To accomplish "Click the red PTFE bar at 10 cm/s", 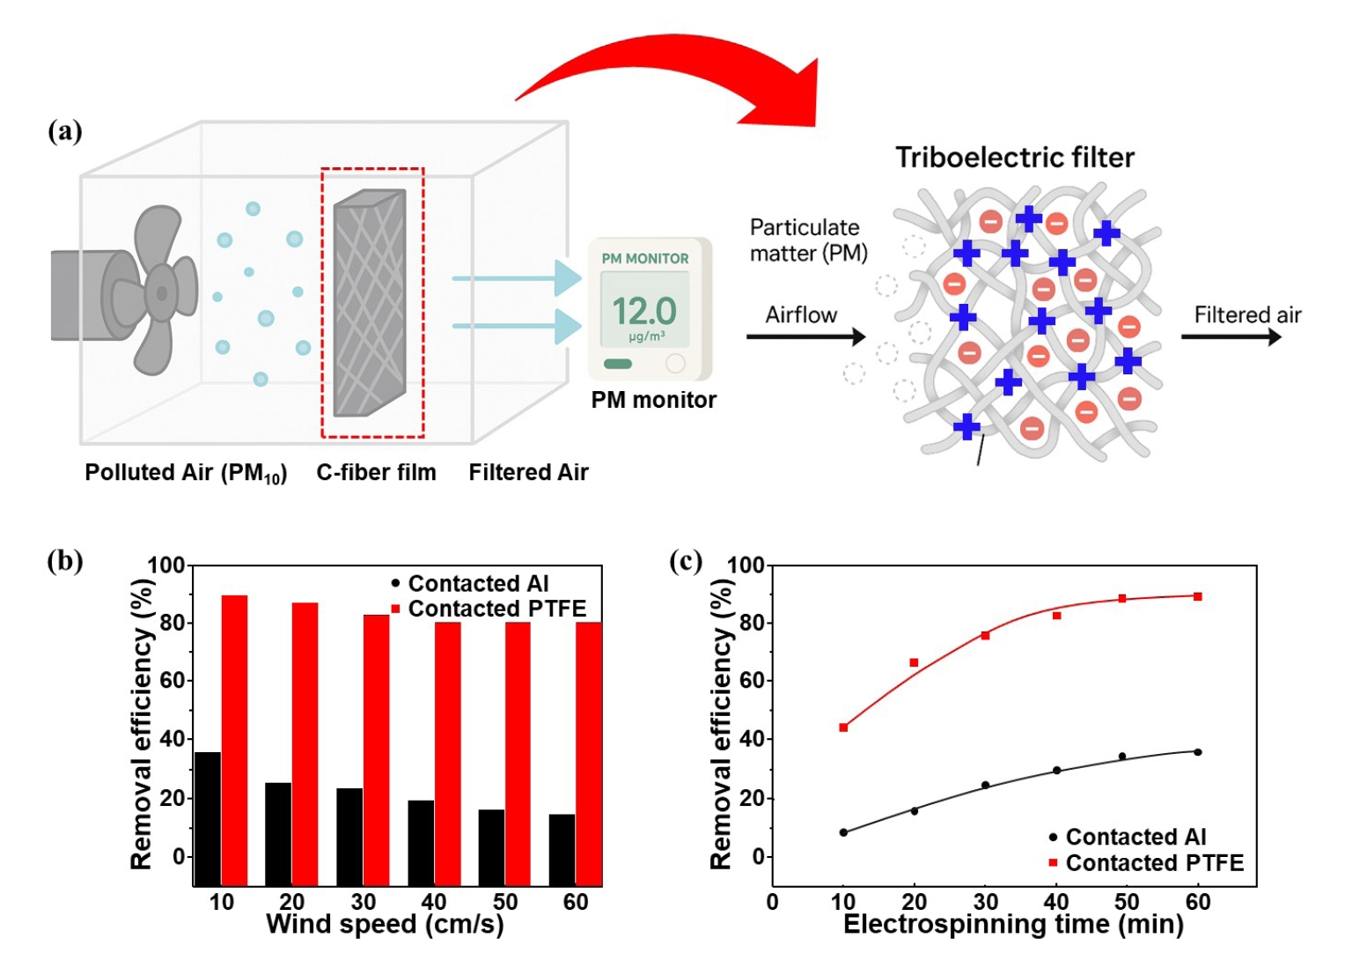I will [234, 740].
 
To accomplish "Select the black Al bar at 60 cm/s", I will [562, 849].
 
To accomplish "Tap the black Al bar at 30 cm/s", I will [349, 836].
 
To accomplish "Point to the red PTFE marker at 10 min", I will [843, 728].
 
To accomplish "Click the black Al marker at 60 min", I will [1197, 752].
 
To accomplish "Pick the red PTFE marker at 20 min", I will [914, 662].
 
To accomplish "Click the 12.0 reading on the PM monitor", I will [644, 311].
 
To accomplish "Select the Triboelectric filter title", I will [1015, 158].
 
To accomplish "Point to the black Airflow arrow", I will [805, 336].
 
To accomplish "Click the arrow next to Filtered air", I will [1231, 336].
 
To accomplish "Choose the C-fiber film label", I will [376, 473].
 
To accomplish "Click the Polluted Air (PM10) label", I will [186, 473].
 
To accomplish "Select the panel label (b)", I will [64, 561].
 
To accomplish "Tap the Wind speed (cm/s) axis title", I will [385, 924].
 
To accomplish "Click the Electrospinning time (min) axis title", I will [1013, 924].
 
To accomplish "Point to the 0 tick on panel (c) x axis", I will [772, 902].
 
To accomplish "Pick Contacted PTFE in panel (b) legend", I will [496, 609].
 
